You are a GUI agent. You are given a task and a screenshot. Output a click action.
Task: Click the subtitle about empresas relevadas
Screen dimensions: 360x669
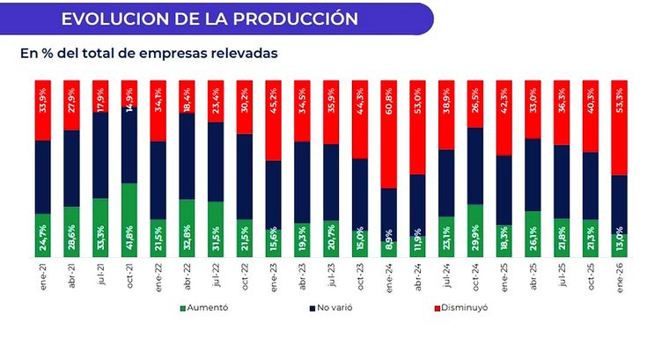149,54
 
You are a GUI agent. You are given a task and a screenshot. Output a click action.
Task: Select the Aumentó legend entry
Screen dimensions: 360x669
207,309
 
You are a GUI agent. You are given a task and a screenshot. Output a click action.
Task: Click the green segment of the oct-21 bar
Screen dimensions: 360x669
129,220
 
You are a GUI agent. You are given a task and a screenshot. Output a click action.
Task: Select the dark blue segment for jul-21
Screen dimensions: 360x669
100,155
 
